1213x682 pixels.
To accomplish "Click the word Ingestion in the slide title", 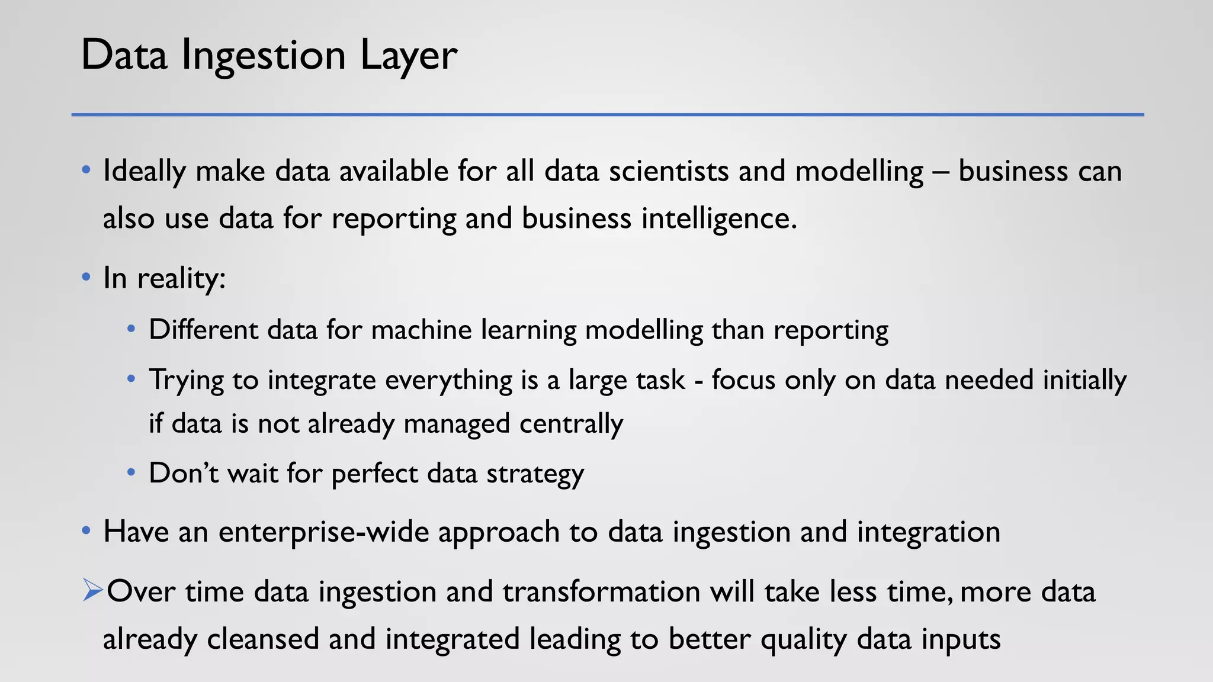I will (263, 55).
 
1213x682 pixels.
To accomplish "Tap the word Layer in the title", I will (409, 55).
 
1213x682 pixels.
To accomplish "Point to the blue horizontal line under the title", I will (608, 114).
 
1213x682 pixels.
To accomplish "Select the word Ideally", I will (145, 171).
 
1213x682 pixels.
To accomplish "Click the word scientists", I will (669, 171).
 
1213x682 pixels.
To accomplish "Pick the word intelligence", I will (719, 218).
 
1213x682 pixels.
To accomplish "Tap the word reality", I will (181, 278).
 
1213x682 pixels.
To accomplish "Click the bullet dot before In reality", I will (86, 276).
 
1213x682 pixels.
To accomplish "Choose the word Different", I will (203, 330).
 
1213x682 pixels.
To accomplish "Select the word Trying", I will (186, 380).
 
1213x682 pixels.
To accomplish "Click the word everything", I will (448, 380).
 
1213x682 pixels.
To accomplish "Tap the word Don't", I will (183, 473).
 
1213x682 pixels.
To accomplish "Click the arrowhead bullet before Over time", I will (93, 590).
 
